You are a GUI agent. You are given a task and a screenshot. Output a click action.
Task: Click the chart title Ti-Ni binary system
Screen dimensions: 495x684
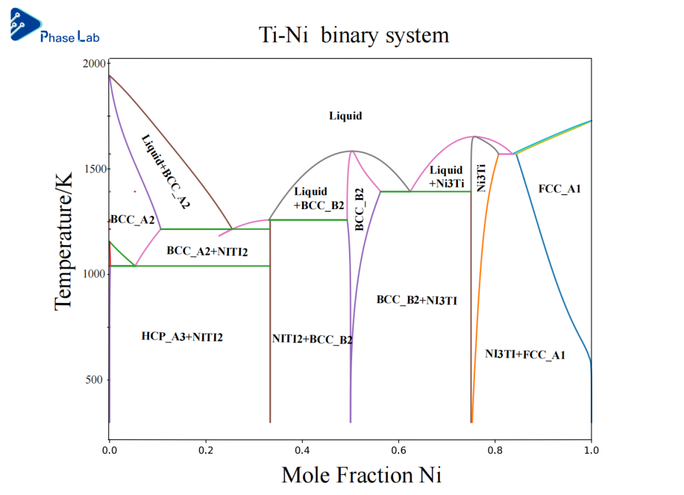tap(354, 34)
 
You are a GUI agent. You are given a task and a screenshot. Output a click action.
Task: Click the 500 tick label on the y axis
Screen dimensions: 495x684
tap(95, 380)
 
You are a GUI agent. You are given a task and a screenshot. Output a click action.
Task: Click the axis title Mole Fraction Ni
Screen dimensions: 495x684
tap(361, 474)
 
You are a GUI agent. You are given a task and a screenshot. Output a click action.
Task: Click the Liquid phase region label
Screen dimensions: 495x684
tap(345, 116)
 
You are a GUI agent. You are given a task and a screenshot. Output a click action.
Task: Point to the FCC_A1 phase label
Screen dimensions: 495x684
tap(559, 189)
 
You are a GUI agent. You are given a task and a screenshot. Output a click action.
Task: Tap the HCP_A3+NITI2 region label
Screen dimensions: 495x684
tap(182, 337)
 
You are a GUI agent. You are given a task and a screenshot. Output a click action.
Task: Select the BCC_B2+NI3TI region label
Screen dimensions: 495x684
tap(417, 300)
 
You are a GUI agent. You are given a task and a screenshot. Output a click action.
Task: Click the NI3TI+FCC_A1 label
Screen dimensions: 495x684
tap(525, 355)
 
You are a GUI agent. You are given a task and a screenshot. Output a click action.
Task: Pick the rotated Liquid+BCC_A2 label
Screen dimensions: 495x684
tap(165, 171)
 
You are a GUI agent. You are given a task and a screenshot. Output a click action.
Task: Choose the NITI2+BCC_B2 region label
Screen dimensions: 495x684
tap(312, 340)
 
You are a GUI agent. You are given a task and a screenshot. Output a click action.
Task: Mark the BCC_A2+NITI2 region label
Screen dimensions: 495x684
tap(207, 252)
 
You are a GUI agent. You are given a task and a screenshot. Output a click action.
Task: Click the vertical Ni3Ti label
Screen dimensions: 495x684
tap(481, 178)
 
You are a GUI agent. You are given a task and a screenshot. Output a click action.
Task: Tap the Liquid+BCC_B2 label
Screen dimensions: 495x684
tap(319, 198)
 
